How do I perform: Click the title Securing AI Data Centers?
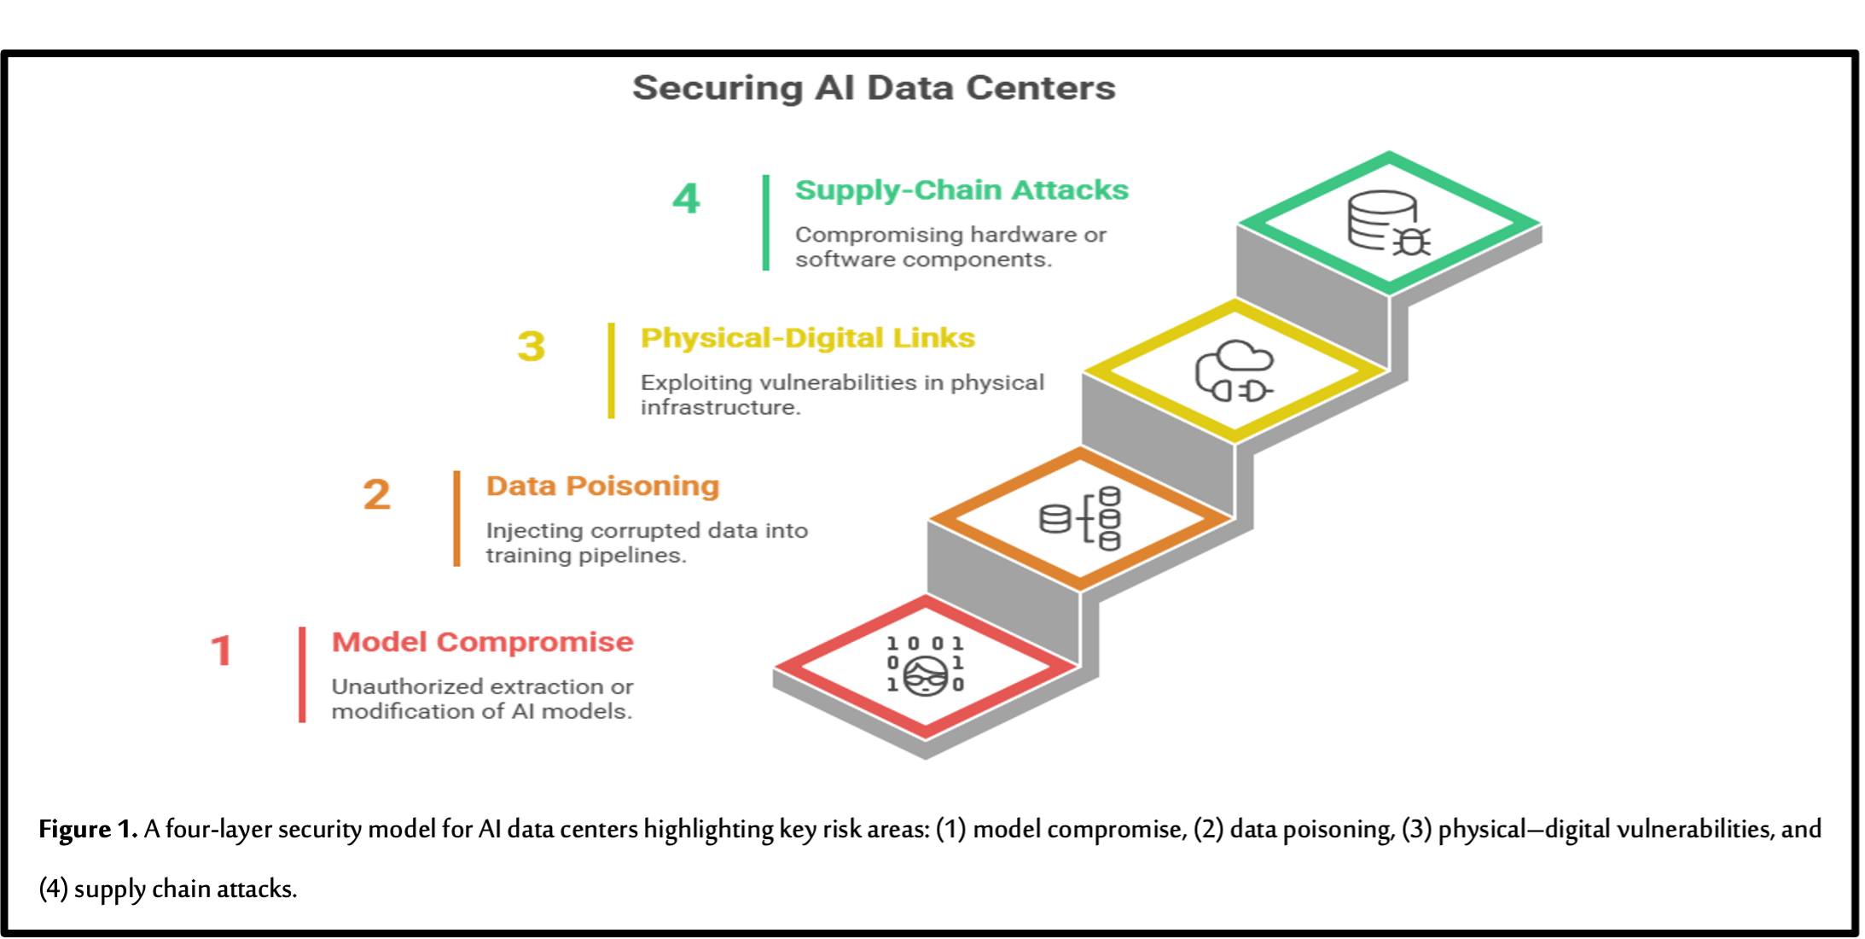coord(874,88)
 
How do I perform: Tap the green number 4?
coord(686,199)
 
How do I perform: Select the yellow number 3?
coord(531,346)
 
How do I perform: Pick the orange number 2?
coord(377,494)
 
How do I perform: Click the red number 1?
coord(222,650)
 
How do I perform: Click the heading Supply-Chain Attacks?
coord(962,190)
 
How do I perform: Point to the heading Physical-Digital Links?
coord(808,338)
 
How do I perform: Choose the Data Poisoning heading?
coord(603,486)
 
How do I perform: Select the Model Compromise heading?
coord(483,642)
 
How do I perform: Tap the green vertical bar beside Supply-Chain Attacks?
coord(766,223)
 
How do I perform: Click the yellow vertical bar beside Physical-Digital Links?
coord(611,370)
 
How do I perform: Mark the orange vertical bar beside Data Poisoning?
coord(457,518)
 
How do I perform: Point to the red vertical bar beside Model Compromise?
coord(302,674)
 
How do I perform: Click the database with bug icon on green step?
coord(1387,223)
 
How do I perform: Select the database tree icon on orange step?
coord(1081,518)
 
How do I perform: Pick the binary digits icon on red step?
coord(926,666)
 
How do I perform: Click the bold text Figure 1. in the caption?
coord(88,829)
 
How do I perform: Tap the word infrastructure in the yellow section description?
coord(720,407)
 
